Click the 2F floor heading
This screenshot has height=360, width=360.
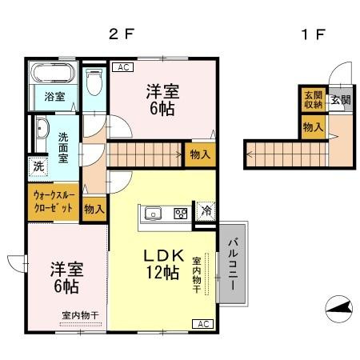tap(120, 34)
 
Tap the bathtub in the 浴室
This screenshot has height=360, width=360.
tap(52, 77)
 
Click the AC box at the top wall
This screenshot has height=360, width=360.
tap(123, 68)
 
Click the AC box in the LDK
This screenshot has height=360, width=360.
tap(202, 324)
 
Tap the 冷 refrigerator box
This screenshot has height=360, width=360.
tap(206, 212)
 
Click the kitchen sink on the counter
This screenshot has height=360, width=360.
tap(154, 214)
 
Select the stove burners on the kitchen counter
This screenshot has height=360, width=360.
tap(181, 214)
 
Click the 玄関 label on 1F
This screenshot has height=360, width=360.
tap(340, 100)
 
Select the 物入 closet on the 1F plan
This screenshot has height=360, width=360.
tap(312, 126)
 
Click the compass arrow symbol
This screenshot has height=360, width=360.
tap(340, 306)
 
